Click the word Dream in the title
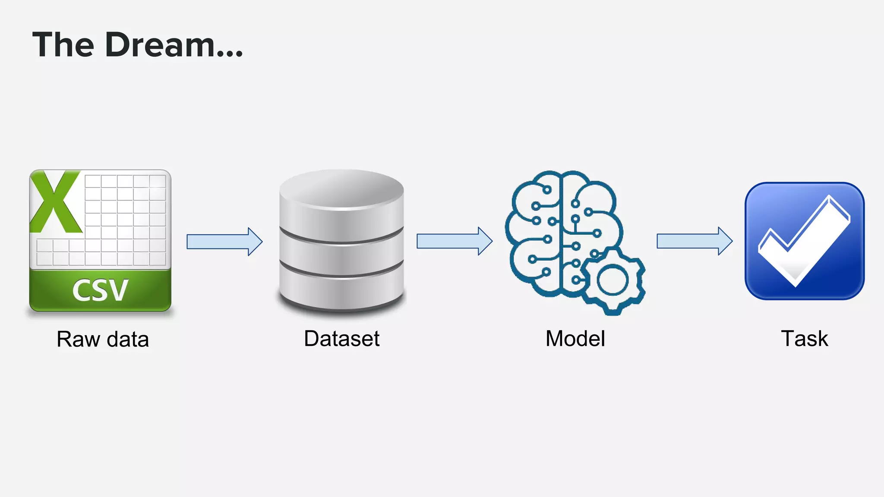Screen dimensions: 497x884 (x=160, y=45)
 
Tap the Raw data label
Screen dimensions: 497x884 (x=103, y=339)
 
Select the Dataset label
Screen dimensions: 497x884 (x=341, y=339)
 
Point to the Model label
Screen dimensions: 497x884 (x=575, y=339)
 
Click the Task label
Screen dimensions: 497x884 (x=804, y=339)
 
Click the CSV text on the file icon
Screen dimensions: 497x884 (x=100, y=290)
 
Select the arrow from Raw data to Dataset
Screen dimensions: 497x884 (x=224, y=242)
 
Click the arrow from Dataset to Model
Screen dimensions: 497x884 (x=454, y=241)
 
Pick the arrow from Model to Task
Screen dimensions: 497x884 (x=694, y=241)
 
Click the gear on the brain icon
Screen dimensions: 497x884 (x=613, y=280)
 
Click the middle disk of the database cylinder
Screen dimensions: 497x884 (x=341, y=255)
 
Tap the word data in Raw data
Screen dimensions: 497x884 (x=128, y=339)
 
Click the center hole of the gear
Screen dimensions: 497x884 (x=612, y=280)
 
